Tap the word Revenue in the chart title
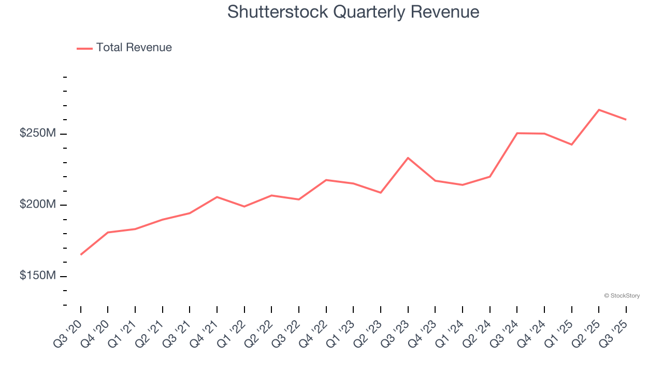click(445, 11)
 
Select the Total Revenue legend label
click(134, 48)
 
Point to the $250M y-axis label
click(37, 134)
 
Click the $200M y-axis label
click(37, 205)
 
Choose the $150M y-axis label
click(37, 276)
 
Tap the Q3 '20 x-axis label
click(68, 334)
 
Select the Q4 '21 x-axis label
click(205, 334)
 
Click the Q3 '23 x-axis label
click(396, 334)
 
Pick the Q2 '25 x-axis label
click(586, 334)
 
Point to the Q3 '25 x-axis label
click(614, 334)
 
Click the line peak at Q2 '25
click(599, 110)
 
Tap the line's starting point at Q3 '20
click(81, 254)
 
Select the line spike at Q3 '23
click(408, 157)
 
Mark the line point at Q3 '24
click(517, 133)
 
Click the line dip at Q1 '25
click(571, 145)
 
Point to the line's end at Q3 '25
click(626, 120)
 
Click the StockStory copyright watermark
click(622, 296)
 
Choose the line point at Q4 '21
click(217, 197)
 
